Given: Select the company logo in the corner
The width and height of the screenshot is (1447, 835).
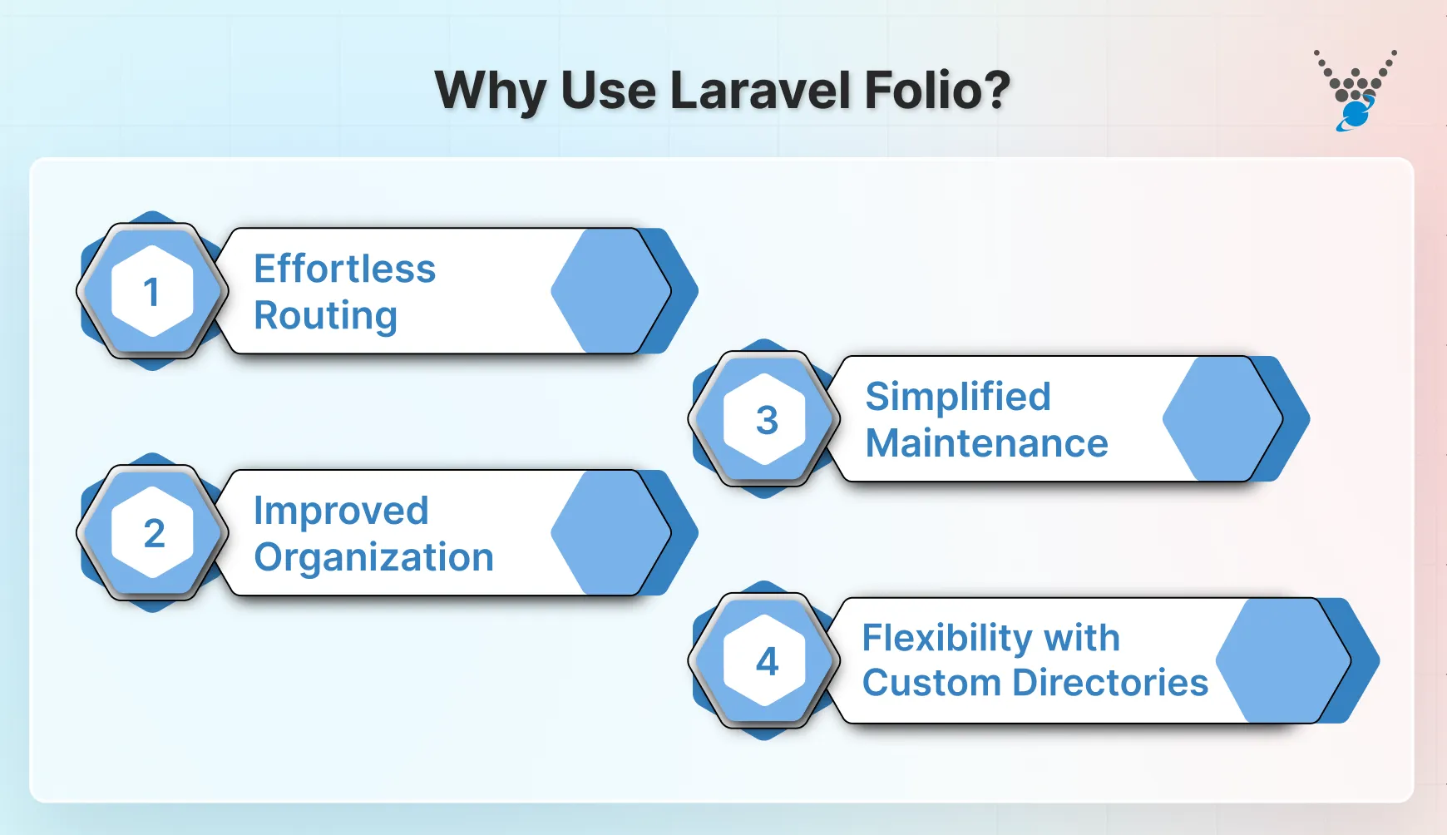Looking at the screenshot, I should coord(1355,90).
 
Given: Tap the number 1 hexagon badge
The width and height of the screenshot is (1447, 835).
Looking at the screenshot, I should coord(152,291).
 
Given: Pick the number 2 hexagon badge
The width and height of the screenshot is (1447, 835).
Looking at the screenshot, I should coord(152,533).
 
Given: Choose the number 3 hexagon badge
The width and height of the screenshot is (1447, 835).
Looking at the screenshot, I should coord(765,419).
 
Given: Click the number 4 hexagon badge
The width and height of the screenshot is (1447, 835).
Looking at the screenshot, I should coord(765,661).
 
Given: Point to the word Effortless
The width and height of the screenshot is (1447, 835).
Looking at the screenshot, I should coord(344,269).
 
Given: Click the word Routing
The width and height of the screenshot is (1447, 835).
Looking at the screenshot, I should coord(325,315).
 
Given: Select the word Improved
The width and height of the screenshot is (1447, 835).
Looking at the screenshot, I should coord(341,511).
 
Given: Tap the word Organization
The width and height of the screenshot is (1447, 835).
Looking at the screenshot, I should coord(373,557).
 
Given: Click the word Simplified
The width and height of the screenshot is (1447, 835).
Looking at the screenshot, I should coord(957,397).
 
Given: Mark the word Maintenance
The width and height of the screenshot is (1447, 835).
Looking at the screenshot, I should coord(986,443).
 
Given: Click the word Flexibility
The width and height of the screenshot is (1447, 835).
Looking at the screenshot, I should coord(946,638).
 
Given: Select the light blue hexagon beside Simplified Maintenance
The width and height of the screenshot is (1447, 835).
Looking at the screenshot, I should coord(1222,419).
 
